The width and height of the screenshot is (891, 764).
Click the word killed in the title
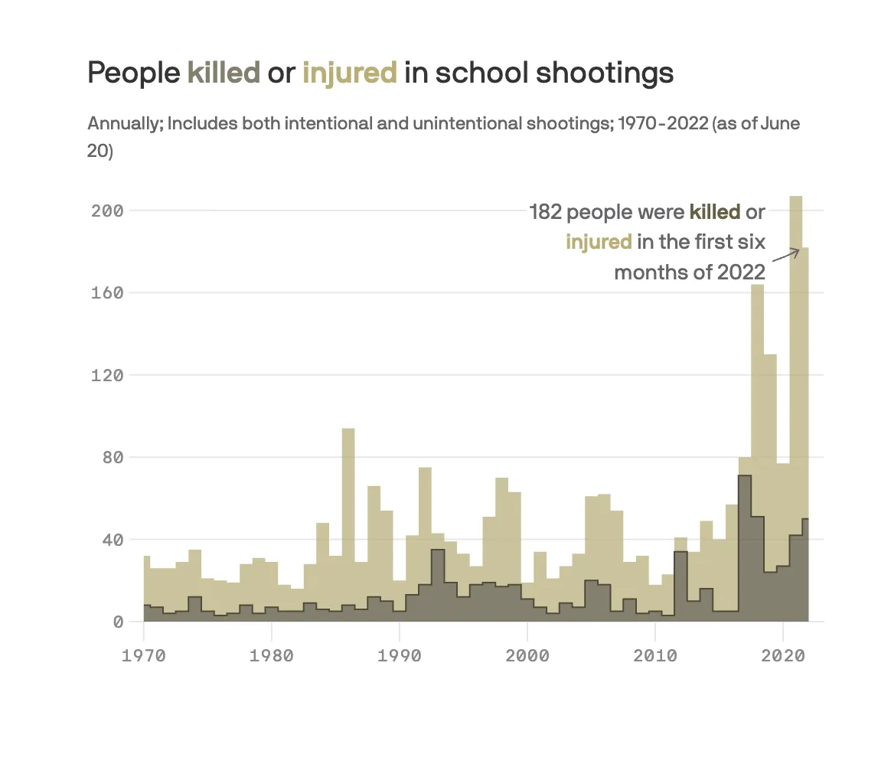224,73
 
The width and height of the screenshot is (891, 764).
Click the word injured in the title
350,73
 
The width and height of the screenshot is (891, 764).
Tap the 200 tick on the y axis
107,211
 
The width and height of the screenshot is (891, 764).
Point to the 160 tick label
107,293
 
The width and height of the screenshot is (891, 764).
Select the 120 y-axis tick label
107,375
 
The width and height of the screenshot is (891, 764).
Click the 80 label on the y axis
113,458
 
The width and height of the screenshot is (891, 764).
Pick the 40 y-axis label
113,540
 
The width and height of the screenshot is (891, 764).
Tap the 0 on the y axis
118,622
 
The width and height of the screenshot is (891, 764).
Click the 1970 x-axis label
144,656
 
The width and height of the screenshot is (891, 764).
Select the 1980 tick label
272,656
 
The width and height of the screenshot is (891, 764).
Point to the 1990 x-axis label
400,656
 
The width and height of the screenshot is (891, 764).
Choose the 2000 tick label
527,656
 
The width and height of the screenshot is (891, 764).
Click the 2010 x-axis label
655,656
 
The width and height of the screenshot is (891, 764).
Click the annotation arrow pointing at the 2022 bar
785,255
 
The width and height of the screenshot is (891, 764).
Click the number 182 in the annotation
544,212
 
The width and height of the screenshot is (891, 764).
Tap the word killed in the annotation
715,212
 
